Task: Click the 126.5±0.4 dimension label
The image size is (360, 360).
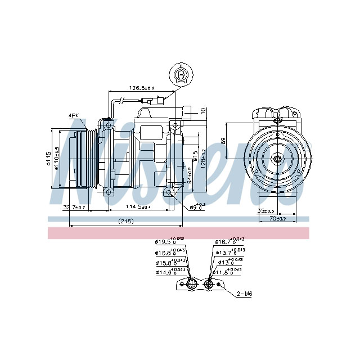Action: pyautogui.click(x=141, y=88)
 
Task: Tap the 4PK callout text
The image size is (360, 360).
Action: pyautogui.click(x=73, y=115)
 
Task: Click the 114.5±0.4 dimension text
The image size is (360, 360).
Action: pyautogui.click(x=138, y=208)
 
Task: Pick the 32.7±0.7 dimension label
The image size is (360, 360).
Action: pyautogui.click(x=74, y=208)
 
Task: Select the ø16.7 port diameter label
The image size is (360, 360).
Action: pyautogui.click(x=228, y=242)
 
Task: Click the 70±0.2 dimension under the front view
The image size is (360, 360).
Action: pyautogui.click(x=276, y=218)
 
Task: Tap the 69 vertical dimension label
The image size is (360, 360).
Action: pyautogui.click(x=223, y=141)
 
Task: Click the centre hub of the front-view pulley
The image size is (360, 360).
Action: pyautogui.click(x=278, y=160)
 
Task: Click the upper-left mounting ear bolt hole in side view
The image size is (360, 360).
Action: pyautogui.click(x=107, y=121)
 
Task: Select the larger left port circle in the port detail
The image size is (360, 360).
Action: pyautogui.click(x=191, y=285)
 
